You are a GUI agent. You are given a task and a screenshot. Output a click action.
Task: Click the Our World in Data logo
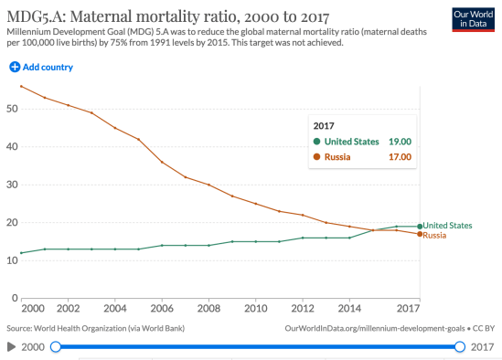(x=474, y=19)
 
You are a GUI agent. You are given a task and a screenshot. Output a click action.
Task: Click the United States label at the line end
(x=447, y=225)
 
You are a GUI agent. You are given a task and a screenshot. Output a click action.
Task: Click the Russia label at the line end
(x=434, y=236)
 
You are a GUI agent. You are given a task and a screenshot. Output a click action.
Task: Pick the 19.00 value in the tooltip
(x=399, y=142)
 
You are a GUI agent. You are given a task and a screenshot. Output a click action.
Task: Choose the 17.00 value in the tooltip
(x=399, y=157)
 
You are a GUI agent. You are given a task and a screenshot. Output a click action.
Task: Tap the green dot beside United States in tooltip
(x=316, y=142)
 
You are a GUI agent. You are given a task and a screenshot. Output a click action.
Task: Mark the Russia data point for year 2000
(x=22, y=87)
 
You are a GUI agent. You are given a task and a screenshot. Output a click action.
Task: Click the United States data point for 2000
(x=22, y=253)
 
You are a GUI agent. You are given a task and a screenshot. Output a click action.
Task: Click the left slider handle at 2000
(x=56, y=346)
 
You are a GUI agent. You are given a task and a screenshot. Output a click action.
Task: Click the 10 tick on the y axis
(x=11, y=260)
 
